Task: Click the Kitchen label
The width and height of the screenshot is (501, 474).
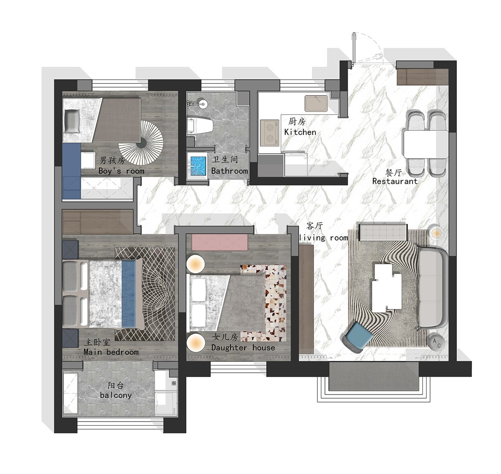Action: point(300,132)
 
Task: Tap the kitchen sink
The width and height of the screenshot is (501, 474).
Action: point(316,104)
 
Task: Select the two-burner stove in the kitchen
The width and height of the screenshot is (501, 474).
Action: point(270,133)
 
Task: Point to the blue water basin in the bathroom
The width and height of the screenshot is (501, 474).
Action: point(198,166)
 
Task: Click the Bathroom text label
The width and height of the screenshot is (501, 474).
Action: point(229,171)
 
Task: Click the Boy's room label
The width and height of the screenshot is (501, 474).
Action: point(121,171)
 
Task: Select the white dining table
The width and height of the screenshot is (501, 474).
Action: point(426,144)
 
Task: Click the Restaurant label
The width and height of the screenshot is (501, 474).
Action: point(395,181)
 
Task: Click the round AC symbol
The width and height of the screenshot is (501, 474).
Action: point(437,343)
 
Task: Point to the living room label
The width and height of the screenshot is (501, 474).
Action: point(324,238)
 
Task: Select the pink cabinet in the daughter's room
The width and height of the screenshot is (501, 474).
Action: point(220,243)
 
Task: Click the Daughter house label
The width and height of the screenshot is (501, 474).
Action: point(243,347)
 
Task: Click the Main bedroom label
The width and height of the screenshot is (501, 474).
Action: point(111,352)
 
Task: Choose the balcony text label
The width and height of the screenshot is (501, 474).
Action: point(116,395)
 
